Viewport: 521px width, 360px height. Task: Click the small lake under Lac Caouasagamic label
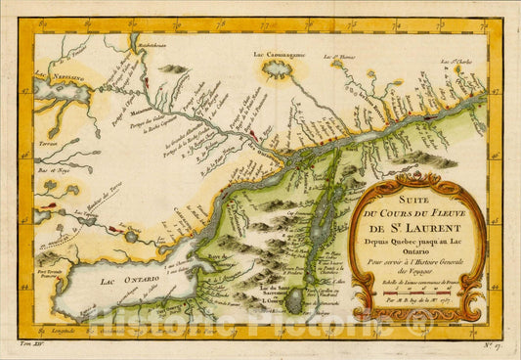[x=280, y=70]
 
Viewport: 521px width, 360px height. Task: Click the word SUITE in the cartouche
[x=411, y=191]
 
